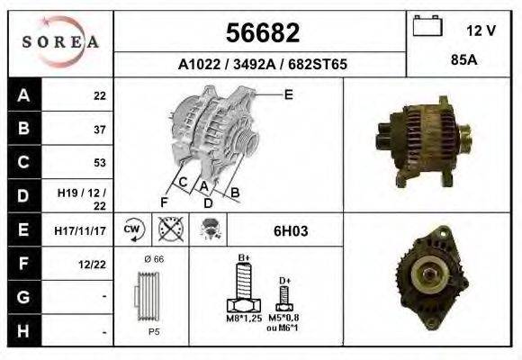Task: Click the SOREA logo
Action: pos(60,41)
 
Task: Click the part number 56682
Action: pos(261,33)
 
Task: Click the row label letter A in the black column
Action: pos(23,95)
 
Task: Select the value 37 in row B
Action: pos(99,129)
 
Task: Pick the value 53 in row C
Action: pos(99,163)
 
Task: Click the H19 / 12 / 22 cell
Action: pos(82,197)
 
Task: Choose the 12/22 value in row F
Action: pos(94,265)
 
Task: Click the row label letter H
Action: pos(23,332)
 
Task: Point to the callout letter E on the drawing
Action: pos(289,94)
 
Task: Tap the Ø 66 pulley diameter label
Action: pos(154,258)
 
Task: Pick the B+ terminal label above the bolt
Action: pos(243,257)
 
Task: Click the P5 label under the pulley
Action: pos(153,330)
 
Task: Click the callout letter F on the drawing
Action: pos(164,201)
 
